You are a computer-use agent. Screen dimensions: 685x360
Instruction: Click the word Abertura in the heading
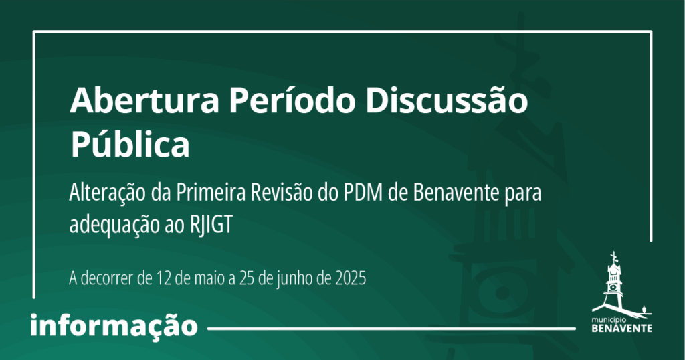(144, 100)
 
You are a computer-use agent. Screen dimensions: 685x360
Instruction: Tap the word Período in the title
(292, 100)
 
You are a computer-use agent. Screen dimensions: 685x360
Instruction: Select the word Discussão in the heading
(446, 100)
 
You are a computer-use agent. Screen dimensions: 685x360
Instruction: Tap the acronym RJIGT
(211, 225)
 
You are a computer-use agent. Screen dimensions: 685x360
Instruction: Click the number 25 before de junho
(247, 278)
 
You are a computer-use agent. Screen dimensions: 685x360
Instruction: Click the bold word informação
(114, 325)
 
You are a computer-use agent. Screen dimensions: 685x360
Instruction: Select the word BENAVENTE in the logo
(621, 328)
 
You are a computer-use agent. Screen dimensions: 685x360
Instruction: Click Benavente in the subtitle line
(456, 193)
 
